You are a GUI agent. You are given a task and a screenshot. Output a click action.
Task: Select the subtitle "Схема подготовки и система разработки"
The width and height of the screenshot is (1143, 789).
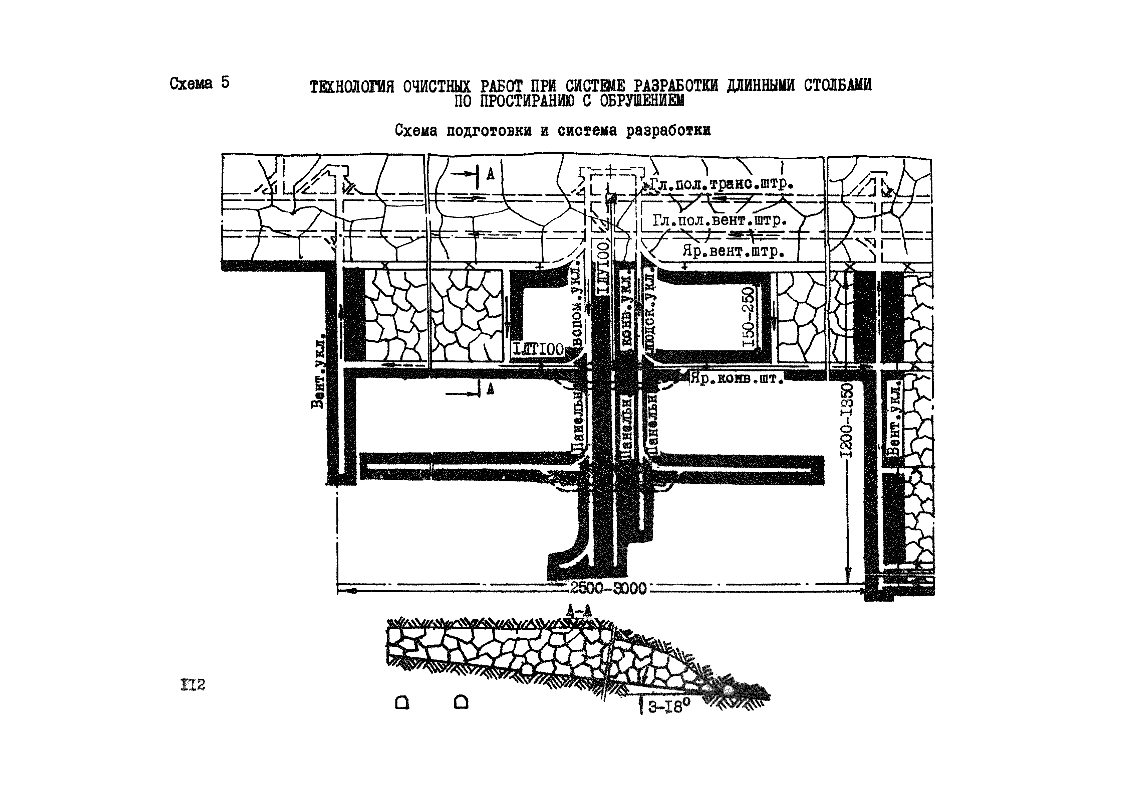[553, 131]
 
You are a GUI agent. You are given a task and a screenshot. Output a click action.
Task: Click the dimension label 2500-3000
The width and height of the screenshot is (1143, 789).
[608, 588]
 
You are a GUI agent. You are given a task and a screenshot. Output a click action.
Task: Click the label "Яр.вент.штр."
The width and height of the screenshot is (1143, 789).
[734, 251]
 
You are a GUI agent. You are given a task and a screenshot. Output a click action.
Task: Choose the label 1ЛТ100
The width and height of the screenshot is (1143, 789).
[538, 349]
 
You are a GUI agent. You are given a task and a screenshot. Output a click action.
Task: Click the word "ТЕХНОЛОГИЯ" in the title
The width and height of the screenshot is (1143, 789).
[352, 87]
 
